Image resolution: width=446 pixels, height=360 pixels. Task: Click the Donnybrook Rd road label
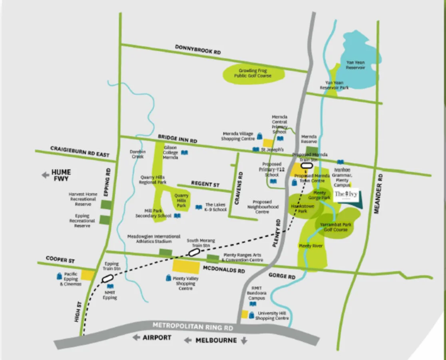coord(198,50)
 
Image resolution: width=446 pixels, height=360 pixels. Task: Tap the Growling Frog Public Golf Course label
coord(253,73)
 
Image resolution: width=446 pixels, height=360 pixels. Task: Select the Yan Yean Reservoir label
coord(355,65)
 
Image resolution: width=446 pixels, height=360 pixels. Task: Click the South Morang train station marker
coord(194,252)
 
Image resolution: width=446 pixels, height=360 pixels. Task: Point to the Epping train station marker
coord(108,278)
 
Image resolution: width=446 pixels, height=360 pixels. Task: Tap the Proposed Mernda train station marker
coord(307,164)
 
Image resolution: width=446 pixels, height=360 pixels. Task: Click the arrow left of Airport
coord(137,338)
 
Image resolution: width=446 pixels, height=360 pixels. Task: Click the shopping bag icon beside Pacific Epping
coord(58,276)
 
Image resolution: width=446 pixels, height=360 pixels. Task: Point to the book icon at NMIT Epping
coord(110,286)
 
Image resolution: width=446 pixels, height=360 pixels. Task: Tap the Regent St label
coord(205,184)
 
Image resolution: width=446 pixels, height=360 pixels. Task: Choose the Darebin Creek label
coord(137,154)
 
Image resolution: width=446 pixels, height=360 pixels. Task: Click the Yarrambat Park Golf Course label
coord(336,227)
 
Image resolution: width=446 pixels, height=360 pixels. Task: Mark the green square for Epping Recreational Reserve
coord(105,220)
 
